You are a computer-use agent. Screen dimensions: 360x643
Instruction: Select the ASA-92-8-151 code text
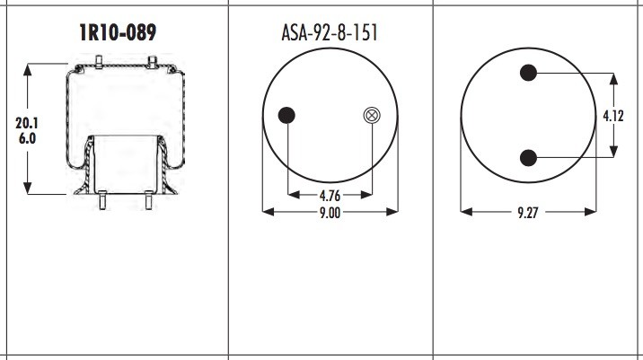pyautogui.click(x=330, y=33)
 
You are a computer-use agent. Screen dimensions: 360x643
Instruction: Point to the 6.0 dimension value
pyautogui.click(x=28, y=139)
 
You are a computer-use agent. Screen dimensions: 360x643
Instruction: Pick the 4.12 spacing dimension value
pyautogui.click(x=613, y=116)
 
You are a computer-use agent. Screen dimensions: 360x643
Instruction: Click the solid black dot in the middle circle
pyautogui.click(x=287, y=114)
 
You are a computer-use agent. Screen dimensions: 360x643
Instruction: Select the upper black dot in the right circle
pyautogui.click(x=528, y=74)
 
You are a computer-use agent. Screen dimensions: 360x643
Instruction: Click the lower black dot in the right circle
pyautogui.click(x=528, y=158)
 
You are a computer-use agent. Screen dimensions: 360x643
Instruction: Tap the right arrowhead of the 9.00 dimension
pyautogui.click(x=394, y=213)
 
